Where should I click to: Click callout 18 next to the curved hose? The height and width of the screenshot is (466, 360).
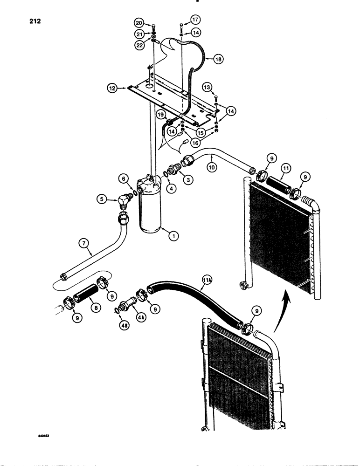pyautogui.click(x=218, y=59)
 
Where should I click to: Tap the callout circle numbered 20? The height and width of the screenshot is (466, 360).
pyautogui.click(x=139, y=23)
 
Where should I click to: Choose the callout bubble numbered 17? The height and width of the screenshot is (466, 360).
pyautogui.click(x=194, y=20)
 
